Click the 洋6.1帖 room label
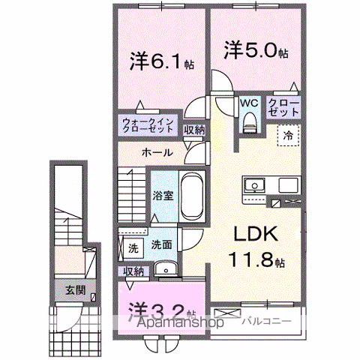[161, 60]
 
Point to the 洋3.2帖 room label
[161, 310]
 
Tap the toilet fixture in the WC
[249, 120]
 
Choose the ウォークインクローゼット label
[148, 125]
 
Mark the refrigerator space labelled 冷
[288, 136]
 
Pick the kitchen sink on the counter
[253, 184]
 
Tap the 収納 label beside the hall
[193, 130]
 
